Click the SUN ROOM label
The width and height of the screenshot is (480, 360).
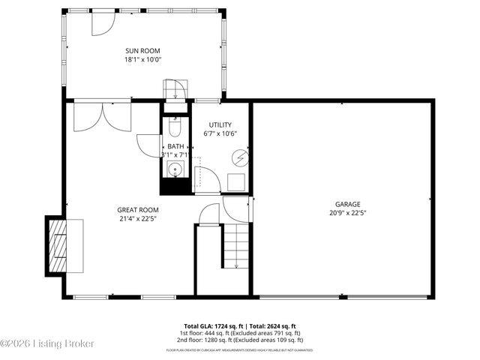[x=143, y=50]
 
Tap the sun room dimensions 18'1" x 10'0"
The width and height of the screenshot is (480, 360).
[x=143, y=59]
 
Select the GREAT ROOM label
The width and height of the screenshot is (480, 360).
[x=138, y=210]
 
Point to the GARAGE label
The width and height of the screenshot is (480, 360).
[x=347, y=204]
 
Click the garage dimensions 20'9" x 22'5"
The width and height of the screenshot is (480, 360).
[x=347, y=213]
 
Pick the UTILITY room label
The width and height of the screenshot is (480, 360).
[x=220, y=124]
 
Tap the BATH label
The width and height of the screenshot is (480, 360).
[x=175, y=146]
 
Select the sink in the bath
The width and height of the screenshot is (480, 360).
[x=175, y=168]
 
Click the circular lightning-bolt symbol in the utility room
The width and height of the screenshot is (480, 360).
[x=240, y=157]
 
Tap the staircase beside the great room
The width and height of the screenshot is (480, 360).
[x=235, y=245]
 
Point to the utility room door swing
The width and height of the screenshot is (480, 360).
[x=207, y=181]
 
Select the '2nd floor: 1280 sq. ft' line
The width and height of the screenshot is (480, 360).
[x=239, y=339]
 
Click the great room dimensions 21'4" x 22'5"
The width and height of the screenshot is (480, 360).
[x=138, y=219]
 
